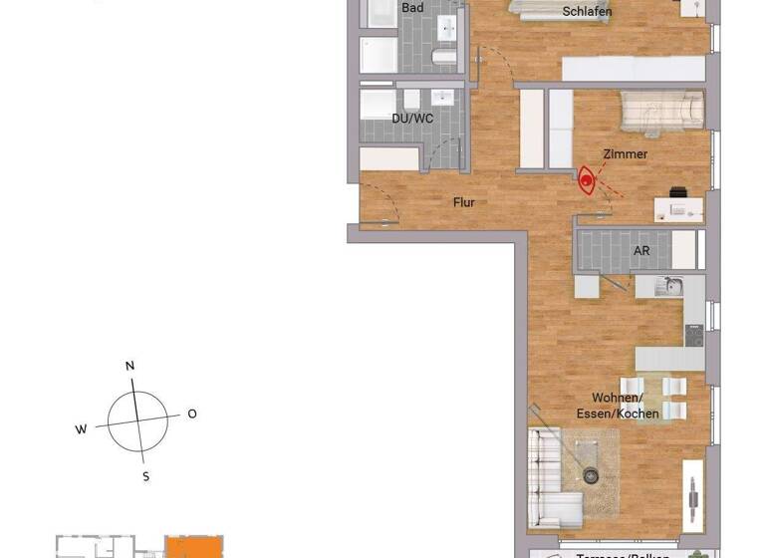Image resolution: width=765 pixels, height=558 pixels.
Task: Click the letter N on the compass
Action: coord(129,367)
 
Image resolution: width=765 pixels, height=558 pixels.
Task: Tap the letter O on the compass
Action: coord(192,414)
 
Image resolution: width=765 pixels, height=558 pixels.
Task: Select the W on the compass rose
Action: coord(82,429)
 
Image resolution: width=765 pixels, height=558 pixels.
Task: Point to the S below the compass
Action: coord(145,477)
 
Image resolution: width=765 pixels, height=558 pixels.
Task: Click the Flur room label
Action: coord(463,202)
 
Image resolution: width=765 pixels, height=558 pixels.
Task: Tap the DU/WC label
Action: coord(412,119)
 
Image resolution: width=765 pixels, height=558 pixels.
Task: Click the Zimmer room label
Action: coord(625,154)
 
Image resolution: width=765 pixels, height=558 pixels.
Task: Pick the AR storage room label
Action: coord(641,251)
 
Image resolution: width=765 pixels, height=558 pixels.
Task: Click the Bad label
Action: coord(412,8)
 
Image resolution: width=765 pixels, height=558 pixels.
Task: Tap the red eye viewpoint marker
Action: coord(588,181)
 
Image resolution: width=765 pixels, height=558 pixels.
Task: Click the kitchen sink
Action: coord(670,288)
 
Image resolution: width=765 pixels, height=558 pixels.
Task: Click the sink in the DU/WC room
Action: coord(441,98)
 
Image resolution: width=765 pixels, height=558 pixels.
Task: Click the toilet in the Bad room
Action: coord(444,58)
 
